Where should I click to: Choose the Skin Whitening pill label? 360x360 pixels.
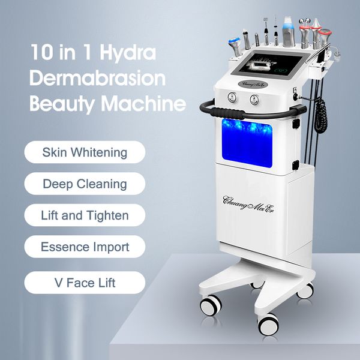(85, 152)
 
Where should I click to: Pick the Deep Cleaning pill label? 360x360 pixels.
(85, 184)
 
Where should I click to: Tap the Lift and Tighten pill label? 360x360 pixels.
(85, 215)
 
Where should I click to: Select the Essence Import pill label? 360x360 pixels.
(85, 247)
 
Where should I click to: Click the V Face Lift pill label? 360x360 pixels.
(85, 282)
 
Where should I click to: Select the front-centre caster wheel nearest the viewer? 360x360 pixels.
(268, 324)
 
